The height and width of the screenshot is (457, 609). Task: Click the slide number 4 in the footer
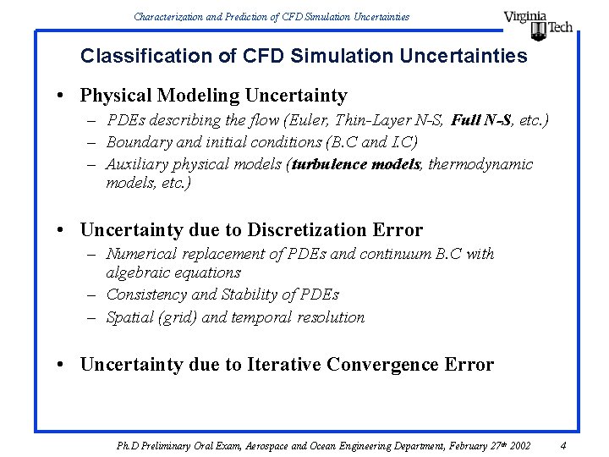coord(562,445)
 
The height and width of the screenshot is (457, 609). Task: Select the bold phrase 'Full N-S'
coord(480,120)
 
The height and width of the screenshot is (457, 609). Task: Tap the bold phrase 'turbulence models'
coord(356,164)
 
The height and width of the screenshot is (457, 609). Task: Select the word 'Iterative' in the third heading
coord(284,365)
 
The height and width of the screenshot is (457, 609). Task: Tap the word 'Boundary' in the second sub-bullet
coord(138,142)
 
